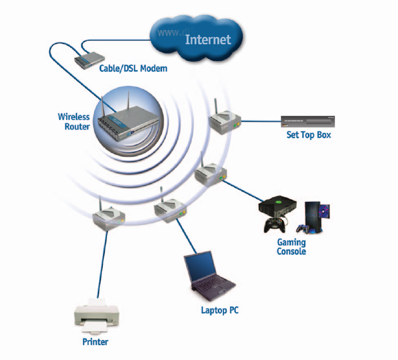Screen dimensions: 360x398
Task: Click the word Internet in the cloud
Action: pos(208,39)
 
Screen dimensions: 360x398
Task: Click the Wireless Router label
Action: pos(74,122)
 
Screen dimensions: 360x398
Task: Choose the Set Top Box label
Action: pos(309,135)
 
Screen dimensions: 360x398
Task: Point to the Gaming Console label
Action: pos(292,247)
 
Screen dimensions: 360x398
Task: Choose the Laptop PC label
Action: pos(220,310)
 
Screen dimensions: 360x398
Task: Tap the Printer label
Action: pos(95,342)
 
